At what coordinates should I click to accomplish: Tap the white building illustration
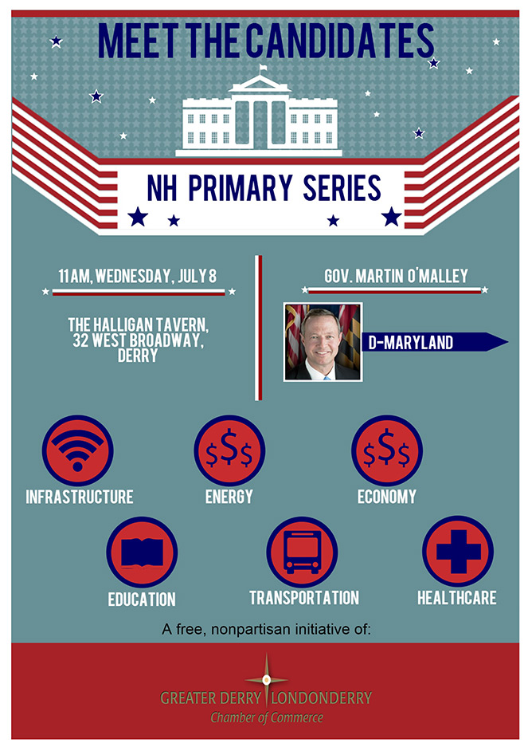click(x=259, y=115)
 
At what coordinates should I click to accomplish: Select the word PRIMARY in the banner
click(x=240, y=187)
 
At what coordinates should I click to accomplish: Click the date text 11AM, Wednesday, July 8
click(x=138, y=276)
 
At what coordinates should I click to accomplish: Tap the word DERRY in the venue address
click(x=138, y=356)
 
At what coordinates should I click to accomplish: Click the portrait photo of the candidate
click(x=323, y=342)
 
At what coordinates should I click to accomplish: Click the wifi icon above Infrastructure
click(x=77, y=450)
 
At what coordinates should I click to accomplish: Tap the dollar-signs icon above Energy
click(x=229, y=450)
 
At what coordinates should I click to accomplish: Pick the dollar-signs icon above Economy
click(x=387, y=450)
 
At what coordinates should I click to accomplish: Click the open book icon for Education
click(x=142, y=552)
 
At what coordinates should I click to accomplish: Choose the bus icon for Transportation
click(x=303, y=552)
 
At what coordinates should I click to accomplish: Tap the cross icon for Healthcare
click(x=458, y=551)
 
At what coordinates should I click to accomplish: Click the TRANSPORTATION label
click(x=304, y=597)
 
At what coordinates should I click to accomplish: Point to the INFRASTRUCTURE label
click(x=80, y=497)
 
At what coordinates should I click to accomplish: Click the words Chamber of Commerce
click(x=267, y=718)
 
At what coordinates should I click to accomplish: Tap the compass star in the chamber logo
click(x=267, y=679)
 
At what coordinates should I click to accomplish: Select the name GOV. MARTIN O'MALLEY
click(x=396, y=276)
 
